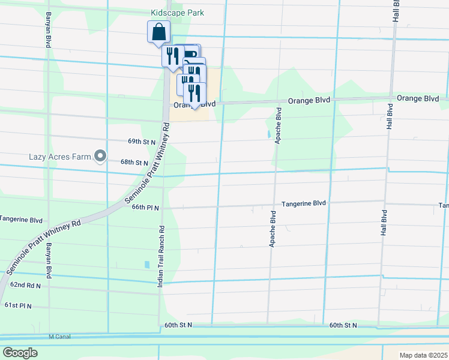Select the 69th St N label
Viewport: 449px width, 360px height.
(142, 142)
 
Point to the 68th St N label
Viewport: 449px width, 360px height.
(134, 162)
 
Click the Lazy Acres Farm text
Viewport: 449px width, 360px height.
(59, 157)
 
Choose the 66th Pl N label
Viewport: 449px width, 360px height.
(145, 208)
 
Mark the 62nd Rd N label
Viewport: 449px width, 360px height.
(25, 286)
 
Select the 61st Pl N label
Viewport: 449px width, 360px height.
(18, 305)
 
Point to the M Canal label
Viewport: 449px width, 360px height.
(59, 337)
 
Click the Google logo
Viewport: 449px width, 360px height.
(20, 353)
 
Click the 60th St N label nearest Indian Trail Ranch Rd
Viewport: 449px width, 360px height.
(178, 325)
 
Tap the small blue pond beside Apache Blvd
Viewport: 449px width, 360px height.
(267, 134)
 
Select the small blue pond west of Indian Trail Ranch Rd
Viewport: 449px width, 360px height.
(147, 264)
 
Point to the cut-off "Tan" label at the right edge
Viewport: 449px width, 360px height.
(443, 206)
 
